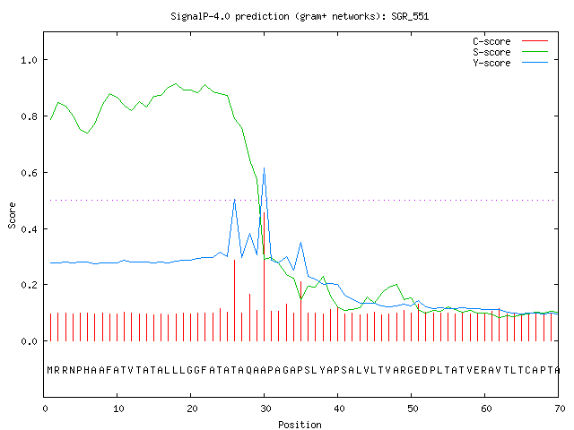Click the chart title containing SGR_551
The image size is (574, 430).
(x=300, y=16)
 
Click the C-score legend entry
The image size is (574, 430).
(x=510, y=41)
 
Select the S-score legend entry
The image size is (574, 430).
(x=510, y=52)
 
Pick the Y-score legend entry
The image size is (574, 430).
(x=510, y=63)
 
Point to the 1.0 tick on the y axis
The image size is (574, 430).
(x=30, y=60)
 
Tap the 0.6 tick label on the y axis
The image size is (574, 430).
(x=30, y=173)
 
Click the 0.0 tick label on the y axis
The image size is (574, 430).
(x=30, y=341)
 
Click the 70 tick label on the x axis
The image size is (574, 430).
(x=560, y=408)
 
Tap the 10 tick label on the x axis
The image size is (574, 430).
(x=118, y=408)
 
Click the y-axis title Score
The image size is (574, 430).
(x=12, y=215)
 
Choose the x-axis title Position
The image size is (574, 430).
(x=300, y=425)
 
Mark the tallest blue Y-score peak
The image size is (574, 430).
(x=264, y=168)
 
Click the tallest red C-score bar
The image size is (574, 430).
(x=264, y=277)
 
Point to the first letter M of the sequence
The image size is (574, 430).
(x=50, y=370)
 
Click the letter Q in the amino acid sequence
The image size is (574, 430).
(x=249, y=370)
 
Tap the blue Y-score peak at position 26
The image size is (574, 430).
(x=235, y=200)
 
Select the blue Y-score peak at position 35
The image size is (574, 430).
(x=301, y=243)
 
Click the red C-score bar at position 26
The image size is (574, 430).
(x=235, y=300)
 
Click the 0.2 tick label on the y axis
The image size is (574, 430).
(x=30, y=285)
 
